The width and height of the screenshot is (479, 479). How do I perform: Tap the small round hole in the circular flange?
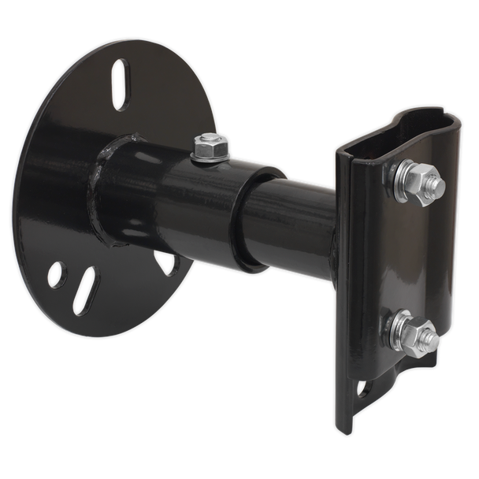pos(56,274)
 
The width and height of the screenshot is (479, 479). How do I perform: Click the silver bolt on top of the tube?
pos(208,146)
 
